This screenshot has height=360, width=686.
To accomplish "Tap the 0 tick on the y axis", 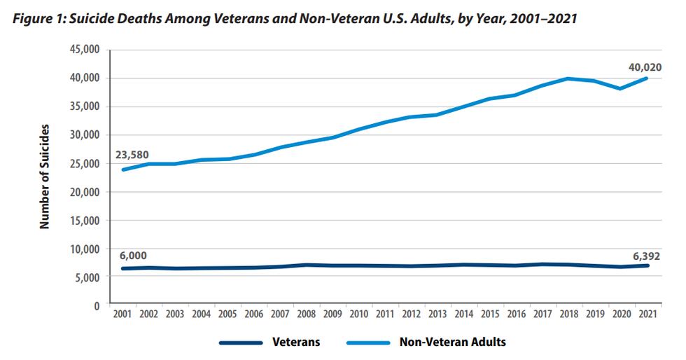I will tap(97, 305).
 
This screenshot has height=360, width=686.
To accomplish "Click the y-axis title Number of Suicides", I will tap(45, 176).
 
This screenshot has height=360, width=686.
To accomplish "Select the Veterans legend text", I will tap(296, 343).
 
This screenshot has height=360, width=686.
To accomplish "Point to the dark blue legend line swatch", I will tap(241, 343).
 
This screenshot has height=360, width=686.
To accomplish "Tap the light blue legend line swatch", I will tap(369, 343).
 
